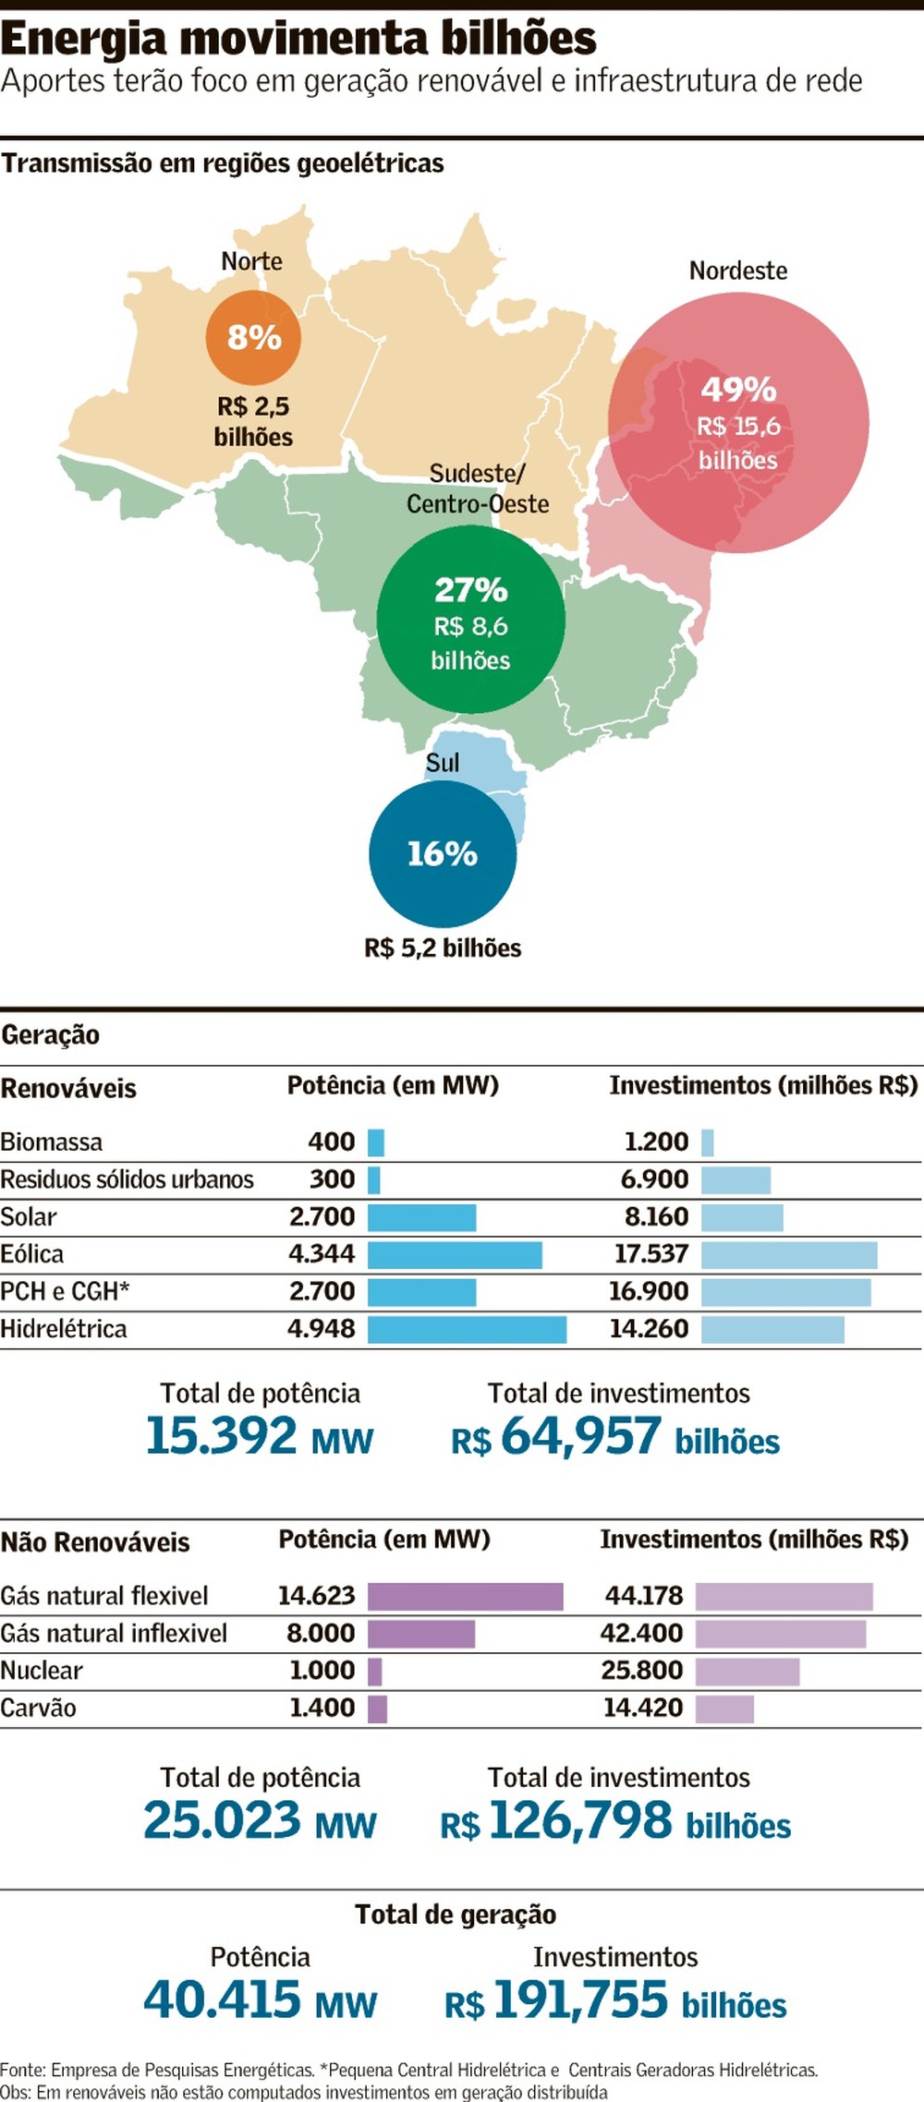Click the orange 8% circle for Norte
[253, 337]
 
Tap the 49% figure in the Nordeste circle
[737, 390]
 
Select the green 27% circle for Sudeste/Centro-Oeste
[470, 619]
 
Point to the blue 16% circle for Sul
[443, 853]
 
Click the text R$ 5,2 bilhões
[443, 948]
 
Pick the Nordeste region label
[737, 271]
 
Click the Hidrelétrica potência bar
[467, 1329]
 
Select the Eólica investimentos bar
[788, 1254]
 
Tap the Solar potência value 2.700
[322, 1216]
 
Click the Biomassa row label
[52, 1142]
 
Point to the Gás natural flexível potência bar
[465, 1596]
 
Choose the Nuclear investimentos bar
[747, 1671]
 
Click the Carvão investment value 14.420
[643, 1708]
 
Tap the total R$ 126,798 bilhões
[615, 1821]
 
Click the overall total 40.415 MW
[260, 2000]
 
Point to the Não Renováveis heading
[95, 1542]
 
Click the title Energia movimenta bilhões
[298, 38]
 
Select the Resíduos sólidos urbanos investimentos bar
[736, 1179]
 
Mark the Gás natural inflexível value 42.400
[641, 1633]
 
